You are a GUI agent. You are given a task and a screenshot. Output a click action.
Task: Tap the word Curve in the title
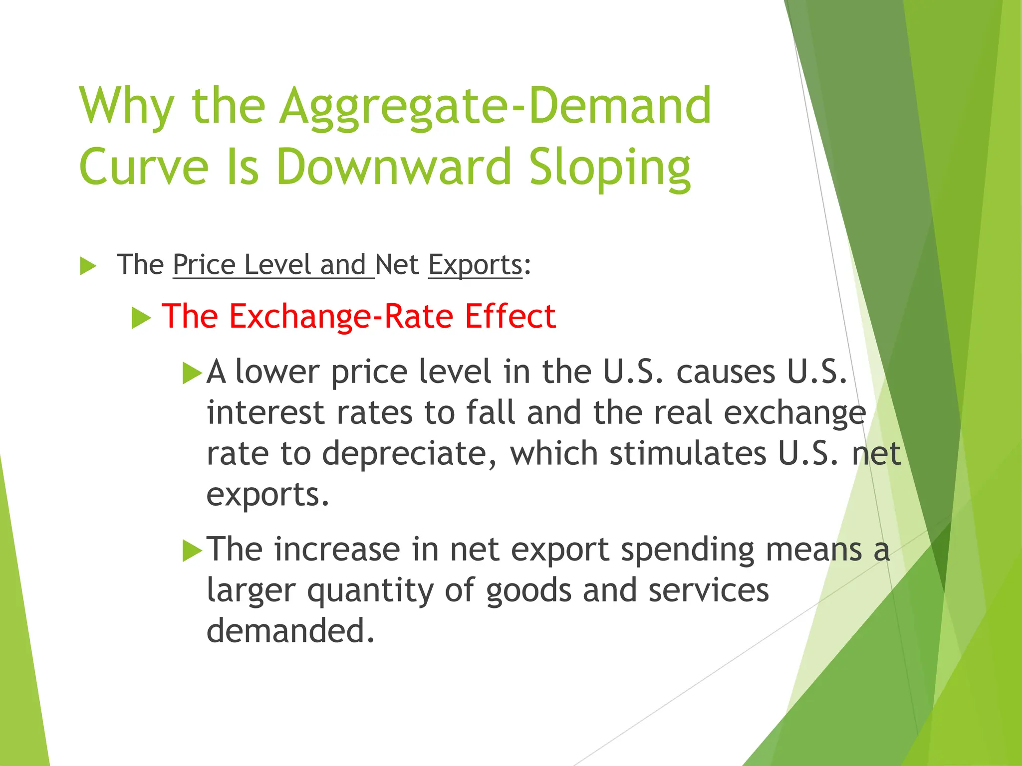pos(144,167)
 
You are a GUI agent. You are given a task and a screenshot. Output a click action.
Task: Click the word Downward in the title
pos(394,167)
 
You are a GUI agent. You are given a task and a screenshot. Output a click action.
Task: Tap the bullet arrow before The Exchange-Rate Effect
pos(141,318)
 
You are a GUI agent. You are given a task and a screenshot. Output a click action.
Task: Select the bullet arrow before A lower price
pos(192,373)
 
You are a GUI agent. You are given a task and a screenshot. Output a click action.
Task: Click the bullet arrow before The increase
pos(192,551)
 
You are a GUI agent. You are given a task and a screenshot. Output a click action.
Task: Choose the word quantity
pos(370,591)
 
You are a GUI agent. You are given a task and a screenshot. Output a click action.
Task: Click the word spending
pos(689,551)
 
